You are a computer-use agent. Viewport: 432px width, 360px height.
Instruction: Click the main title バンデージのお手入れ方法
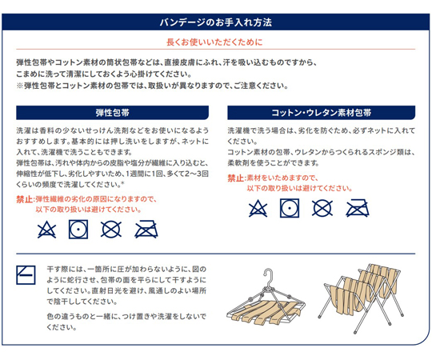pyautogui.click(x=216, y=22)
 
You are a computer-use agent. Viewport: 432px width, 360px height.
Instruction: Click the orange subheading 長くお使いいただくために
pyautogui.click(x=214, y=42)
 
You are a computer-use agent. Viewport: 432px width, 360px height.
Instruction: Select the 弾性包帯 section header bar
pyautogui.click(x=113, y=113)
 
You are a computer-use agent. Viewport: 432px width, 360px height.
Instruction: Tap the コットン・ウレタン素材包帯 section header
pyautogui.click(x=322, y=113)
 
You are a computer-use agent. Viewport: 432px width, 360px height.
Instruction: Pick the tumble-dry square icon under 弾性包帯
pyautogui.click(x=78, y=230)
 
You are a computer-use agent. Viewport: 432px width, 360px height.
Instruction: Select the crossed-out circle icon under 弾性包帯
pyautogui.click(x=111, y=230)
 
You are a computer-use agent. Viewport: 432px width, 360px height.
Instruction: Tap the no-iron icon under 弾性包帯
pyautogui.click(x=146, y=230)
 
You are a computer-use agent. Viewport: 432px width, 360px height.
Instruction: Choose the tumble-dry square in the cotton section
pyautogui.click(x=290, y=208)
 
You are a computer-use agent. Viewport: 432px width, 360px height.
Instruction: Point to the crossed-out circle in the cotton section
pyautogui.click(x=322, y=208)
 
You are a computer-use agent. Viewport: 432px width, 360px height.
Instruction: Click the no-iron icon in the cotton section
pyautogui.click(x=358, y=208)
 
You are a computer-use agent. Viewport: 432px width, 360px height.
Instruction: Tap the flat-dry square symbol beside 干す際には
pyautogui.click(x=26, y=275)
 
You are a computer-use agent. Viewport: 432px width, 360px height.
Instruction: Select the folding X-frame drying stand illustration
pyautogui.click(x=362, y=298)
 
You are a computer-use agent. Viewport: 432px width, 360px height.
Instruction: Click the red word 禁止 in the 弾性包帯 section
pyautogui.click(x=24, y=199)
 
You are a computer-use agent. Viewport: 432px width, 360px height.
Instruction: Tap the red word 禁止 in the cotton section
pyautogui.click(x=235, y=178)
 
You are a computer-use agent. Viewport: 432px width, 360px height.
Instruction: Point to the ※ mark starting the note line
pyautogui.click(x=19, y=86)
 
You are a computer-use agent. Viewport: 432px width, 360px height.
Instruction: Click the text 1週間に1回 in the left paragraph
pyautogui.click(x=145, y=174)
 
